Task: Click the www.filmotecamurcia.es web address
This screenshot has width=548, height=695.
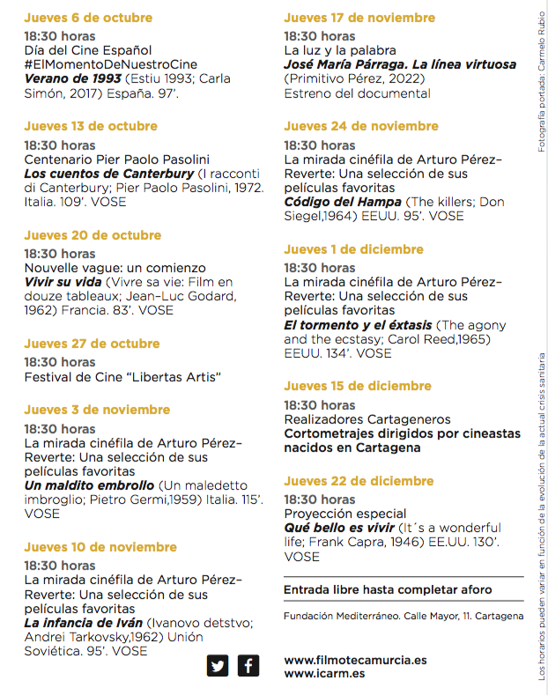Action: pyautogui.click(x=355, y=659)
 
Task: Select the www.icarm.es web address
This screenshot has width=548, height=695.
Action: pyautogui.click(x=324, y=673)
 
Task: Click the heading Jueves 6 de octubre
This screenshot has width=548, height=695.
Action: pyautogui.click(x=88, y=18)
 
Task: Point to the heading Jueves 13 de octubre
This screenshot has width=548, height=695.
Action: pyautogui.click(x=91, y=126)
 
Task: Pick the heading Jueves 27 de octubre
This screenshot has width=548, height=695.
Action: pyautogui.click(x=92, y=344)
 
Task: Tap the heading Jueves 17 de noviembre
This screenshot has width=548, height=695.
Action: pyautogui.click(x=359, y=18)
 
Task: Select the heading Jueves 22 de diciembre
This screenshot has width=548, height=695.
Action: pyautogui.click(x=359, y=481)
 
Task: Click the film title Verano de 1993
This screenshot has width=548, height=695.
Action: pyautogui.click(x=72, y=78)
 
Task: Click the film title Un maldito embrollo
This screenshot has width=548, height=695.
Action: pyautogui.click(x=89, y=485)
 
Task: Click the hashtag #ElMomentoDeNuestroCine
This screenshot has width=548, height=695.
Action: pyautogui.click(x=110, y=64)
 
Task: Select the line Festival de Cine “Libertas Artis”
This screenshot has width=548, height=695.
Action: pyautogui.click(x=122, y=377)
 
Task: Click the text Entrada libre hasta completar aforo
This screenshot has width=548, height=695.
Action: pyautogui.click(x=388, y=589)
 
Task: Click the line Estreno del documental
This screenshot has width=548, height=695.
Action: pyautogui.click(x=357, y=93)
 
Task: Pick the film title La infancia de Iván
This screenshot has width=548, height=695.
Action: pyautogui.click(x=83, y=623)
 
